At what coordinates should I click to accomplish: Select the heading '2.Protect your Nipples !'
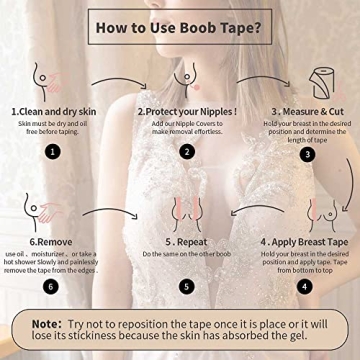187,112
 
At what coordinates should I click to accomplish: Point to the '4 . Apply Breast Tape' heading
303,242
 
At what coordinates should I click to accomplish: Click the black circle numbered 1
53,152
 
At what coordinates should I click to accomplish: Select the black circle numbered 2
187,152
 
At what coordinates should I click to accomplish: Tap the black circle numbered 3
307,154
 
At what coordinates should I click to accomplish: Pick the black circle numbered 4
305,286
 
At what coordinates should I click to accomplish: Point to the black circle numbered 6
51,286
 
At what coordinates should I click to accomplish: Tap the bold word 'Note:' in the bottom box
46,324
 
